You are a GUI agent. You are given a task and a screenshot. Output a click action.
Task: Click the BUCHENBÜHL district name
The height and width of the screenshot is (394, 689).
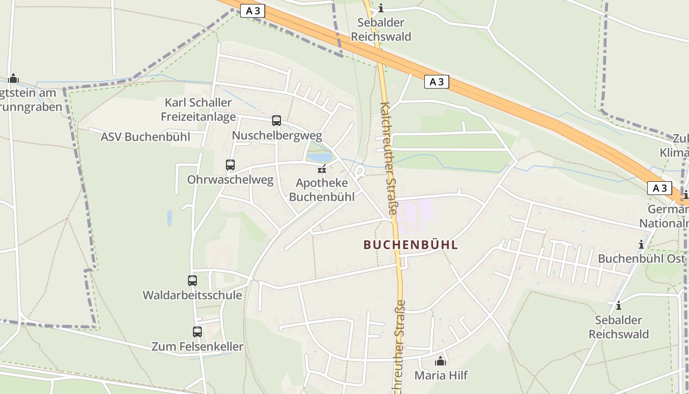(x=410, y=245)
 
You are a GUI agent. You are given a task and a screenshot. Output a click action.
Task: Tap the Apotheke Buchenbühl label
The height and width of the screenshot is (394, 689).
(x=321, y=190)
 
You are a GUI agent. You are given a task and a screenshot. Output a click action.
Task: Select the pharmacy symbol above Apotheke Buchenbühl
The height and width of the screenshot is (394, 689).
(x=322, y=169)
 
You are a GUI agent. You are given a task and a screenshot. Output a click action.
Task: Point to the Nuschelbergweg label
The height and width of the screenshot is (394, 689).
(x=277, y=135)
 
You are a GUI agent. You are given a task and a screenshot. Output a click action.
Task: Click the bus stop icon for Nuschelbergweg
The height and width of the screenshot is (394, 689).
(x=277, y=121)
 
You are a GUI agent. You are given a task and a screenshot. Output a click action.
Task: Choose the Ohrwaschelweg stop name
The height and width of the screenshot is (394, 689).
(x=230, y=180)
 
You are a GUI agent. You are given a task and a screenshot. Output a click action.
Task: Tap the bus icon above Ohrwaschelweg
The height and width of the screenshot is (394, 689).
(x=230, y=165)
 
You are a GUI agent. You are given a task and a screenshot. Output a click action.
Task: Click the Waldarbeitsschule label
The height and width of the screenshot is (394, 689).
(x=192, y=295)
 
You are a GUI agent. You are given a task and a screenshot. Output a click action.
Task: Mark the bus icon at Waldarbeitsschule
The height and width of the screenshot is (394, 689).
(x=192, y=281)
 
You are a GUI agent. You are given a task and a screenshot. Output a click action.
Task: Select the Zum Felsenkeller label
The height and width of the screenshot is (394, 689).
(x=197, y=346)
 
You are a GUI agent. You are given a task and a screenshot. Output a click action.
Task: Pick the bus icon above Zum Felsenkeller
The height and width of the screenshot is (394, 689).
(x=197, y=332)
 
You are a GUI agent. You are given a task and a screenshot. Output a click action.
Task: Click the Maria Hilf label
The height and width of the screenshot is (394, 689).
(x=441, y=375)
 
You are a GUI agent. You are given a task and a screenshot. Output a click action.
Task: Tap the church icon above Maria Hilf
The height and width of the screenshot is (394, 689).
(x=440, y=361)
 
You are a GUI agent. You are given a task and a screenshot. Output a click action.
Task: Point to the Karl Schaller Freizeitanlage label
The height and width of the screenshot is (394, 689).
(x=198, y=109)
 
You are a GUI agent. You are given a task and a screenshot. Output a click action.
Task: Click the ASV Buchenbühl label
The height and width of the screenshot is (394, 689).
(x=145, y=137)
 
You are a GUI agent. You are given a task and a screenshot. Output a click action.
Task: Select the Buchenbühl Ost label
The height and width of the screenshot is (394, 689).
(x=641, y=259)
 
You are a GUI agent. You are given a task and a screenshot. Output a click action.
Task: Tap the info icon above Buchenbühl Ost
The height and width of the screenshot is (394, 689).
(x=641, y=244)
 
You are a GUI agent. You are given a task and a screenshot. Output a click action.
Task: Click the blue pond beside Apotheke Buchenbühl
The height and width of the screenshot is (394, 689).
(x=319, y=158)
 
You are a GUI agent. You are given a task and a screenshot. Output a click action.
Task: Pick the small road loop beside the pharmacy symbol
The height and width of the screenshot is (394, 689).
(x=360, y=172)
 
